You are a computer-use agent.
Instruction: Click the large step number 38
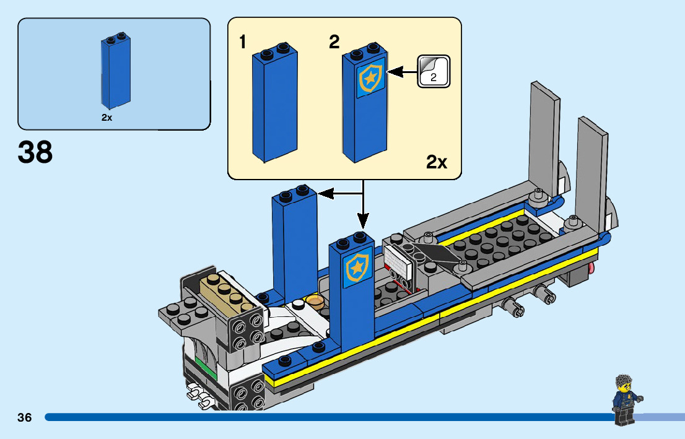tap(36, 152)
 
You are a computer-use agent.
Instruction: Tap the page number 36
tap(25, 418)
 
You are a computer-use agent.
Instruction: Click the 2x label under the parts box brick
tap(107, 118)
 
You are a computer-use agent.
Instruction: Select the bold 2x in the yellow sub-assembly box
tap(437, 163)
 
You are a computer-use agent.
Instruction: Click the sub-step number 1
tap(243, 42)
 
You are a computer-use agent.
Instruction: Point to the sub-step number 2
tap(334, 42)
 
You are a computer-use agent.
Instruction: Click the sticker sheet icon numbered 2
tap(434, 71)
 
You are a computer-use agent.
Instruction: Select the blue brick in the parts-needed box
tap(116, 73)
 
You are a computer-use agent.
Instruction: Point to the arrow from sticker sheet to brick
tap(403, 73)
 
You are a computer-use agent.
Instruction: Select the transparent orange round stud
tap(315, 301)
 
